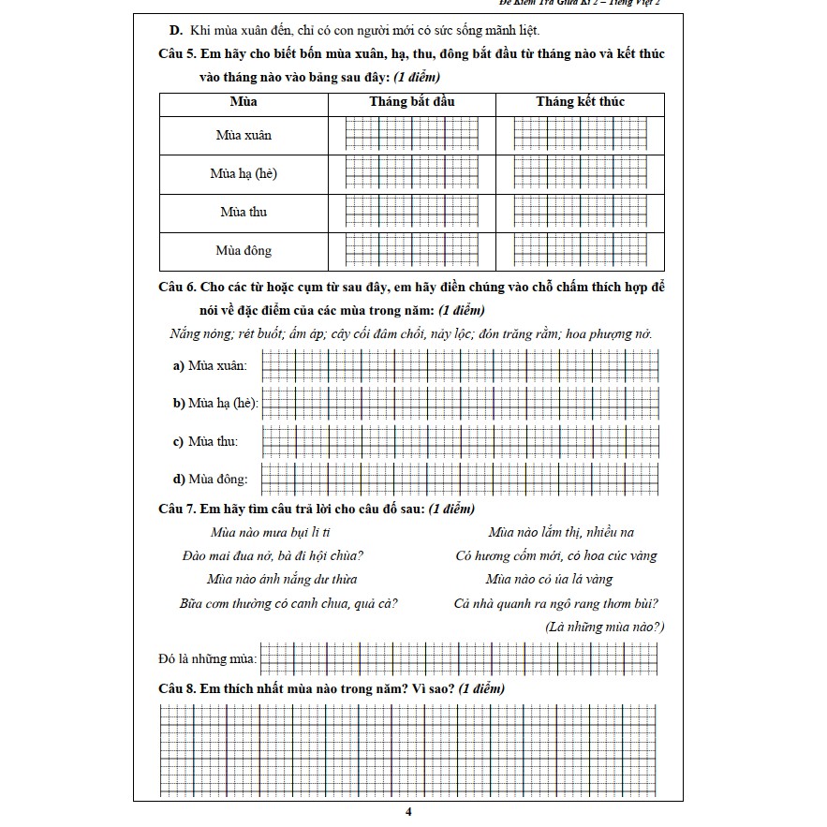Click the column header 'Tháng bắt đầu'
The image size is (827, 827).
point(411,101)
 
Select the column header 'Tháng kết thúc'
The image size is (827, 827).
point(579,101)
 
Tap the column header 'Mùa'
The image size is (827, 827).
point(244,101)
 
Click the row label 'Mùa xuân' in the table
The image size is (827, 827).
point(244,135)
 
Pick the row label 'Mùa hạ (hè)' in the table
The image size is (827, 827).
point(244,173)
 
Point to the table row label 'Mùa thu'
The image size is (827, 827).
point(244,212)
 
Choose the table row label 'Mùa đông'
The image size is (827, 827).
point(244,250)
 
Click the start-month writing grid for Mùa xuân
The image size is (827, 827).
point(411,135)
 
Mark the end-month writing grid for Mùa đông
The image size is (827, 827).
point(579,250)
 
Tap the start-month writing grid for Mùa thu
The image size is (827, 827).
point(411,212)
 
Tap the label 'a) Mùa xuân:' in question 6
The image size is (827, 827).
point(210,365)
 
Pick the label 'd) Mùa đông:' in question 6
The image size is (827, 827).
point(210,480)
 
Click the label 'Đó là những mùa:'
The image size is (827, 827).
point(207,659)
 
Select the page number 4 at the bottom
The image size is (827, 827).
point(409,812)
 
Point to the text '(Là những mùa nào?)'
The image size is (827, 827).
point(604,627)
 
